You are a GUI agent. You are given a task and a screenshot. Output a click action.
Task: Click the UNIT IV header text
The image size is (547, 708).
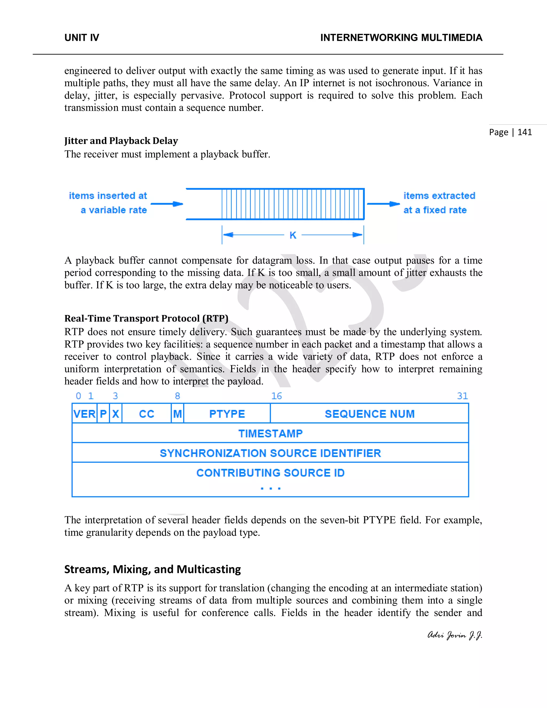(x=82, y=38)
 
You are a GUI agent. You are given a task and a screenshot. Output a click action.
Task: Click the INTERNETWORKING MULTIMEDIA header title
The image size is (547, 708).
(x=401, y=38)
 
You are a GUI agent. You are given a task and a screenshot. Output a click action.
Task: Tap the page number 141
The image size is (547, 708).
(x=524, y=132)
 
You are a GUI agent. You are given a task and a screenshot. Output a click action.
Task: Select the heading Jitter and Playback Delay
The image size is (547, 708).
(x=121, y=141)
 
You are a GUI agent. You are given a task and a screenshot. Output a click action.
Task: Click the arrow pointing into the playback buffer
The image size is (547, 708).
(x=167, y=204)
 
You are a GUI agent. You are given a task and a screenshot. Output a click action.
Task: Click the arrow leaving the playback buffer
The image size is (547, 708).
(x=383, y=204)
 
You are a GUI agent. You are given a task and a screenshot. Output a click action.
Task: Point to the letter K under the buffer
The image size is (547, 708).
(x=293, y=235)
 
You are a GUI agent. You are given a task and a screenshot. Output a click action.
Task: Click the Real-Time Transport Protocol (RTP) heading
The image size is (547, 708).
(x=146, y=318)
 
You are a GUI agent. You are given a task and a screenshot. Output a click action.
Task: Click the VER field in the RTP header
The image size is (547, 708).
(x=84, y=414)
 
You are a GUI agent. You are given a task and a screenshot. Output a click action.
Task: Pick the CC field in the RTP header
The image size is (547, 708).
(x=146, y=414)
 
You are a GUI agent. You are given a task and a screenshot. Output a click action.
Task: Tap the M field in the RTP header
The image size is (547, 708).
(x=177, y=414)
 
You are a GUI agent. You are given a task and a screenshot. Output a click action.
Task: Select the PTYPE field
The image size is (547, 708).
(x=227, y=414)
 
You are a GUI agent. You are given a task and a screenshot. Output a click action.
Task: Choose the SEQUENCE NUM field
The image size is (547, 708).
(x=369, y=414)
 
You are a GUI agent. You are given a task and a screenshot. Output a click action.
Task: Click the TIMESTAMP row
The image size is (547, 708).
(x=270, y=433)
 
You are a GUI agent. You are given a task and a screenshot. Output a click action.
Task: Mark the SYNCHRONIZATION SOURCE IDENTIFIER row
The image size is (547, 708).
(x=270, y=453)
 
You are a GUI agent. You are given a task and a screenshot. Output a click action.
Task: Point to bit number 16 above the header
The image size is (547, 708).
(x=276, y=396)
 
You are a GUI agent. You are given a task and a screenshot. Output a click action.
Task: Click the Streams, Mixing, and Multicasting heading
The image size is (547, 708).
(x=152, y=569)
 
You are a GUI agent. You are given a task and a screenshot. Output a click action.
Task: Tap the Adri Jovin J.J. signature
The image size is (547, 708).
(x=454, y=635)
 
